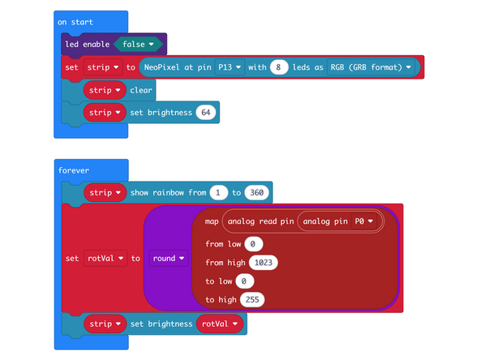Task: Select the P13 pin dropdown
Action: click(230, 67)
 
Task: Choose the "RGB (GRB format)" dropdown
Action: click(371, 67)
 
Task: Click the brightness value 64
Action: click(206, 112)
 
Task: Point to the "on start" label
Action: click(74, 21)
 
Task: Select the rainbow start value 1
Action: click(217, 193)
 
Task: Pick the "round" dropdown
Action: click(168, 259)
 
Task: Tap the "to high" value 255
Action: click(252, 300)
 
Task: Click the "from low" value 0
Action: click(252, 244)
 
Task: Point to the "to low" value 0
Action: click(244, 281)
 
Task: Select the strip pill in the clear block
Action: click(105, 89)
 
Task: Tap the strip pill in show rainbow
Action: click(105, 193)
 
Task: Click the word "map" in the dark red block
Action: click(212, 221)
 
